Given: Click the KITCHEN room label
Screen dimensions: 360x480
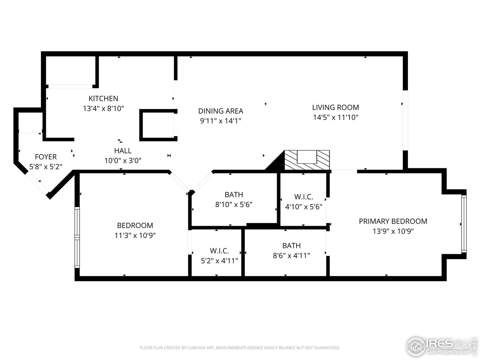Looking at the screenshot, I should [103, 99].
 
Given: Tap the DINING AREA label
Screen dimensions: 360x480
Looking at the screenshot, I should [220, 111].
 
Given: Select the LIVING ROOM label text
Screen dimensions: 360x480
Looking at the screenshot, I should [335, 107].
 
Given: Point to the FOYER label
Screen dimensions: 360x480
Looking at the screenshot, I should [46, 157].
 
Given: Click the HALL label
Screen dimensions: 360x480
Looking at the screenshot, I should [123, 151].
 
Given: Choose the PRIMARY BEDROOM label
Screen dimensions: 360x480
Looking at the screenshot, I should [393, 221].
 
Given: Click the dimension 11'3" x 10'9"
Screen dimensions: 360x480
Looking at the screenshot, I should [135, 235].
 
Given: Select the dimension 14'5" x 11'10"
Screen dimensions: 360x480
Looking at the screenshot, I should [335, 117].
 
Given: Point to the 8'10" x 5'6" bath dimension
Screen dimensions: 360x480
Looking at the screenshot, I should [234, 205].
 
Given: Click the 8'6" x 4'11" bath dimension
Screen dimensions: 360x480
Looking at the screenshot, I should [291, 256].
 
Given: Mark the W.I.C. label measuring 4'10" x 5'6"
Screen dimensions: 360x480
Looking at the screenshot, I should [303, 197].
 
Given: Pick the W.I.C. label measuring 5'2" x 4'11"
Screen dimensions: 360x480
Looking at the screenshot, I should [219, 251].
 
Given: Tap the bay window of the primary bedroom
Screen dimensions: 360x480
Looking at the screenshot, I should [464, 224].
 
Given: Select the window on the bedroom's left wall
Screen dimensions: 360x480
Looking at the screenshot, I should [77, 238].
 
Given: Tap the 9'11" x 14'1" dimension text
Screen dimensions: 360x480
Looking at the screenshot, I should [220, 121].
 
